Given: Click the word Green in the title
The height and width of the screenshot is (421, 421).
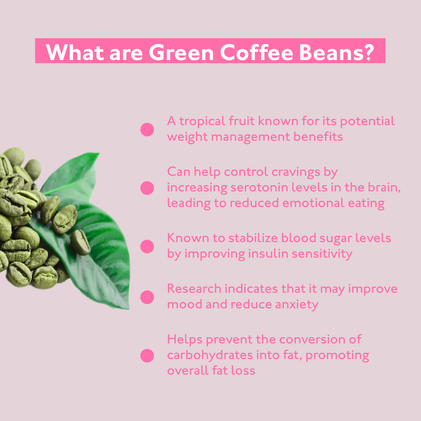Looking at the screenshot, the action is tap(181, 52).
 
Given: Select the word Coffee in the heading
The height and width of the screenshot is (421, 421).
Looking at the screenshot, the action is tap(256, 52).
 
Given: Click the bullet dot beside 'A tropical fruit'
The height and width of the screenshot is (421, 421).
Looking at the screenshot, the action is tap(147, 129).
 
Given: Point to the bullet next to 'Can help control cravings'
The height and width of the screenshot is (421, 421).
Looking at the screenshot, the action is tap(147, 188).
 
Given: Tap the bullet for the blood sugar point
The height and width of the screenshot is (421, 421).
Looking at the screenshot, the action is tap(147, 246).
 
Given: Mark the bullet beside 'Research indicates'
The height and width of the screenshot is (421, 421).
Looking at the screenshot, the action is tap(147, 297).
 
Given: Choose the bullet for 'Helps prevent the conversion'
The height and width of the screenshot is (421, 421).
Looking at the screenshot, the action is tap(147, 356).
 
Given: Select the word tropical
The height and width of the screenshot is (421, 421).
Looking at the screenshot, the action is tap(202, 122).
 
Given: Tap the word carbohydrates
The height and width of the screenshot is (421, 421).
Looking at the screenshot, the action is tap(210, 356).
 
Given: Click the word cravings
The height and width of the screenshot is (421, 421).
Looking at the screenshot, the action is tap(296, 173).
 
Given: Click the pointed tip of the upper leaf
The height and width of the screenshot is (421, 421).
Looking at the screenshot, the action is tap(99, 153).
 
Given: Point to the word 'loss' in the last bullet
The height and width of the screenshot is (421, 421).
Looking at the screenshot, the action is tap(243, 371).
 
